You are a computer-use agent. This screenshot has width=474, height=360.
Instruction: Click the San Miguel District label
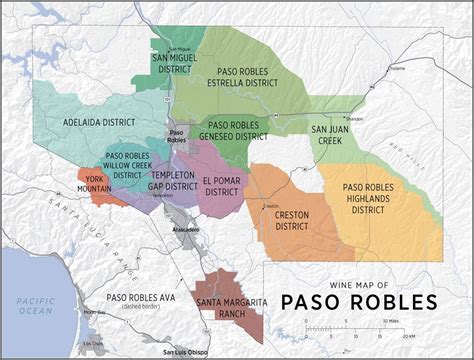pyautogui.click(x=176, y=63)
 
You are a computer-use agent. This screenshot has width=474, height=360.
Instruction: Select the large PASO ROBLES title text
pyautogui.click(x=359, y=301)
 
